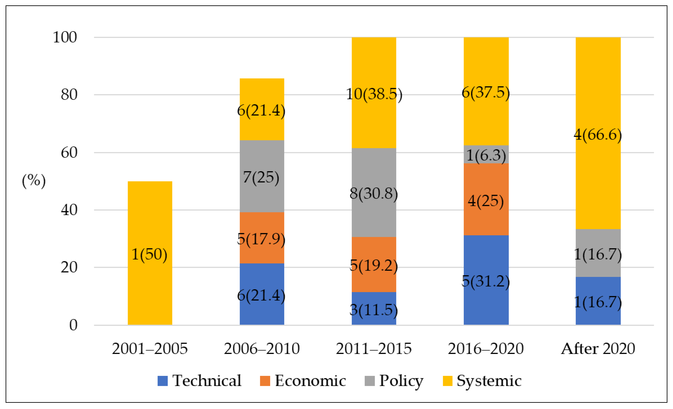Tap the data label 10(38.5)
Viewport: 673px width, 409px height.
374,94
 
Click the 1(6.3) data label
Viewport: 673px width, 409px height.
486,155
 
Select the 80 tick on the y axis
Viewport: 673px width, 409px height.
69,95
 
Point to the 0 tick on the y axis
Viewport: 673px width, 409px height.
73,325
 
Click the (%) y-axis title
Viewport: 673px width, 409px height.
34,181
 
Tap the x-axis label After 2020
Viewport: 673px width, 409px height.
598,349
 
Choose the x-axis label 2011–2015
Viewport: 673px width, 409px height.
374,349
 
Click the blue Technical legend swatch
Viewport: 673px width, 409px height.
163,381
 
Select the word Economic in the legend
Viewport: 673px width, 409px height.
310,381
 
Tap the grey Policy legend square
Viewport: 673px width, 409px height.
370,381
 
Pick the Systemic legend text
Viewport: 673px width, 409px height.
489,381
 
